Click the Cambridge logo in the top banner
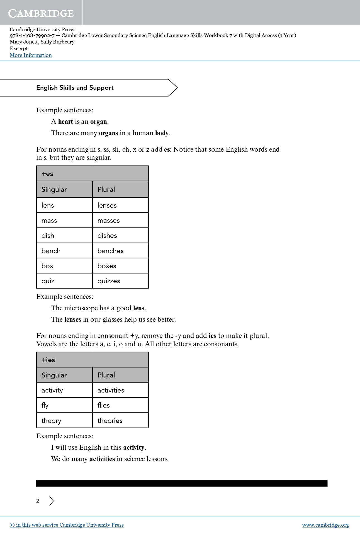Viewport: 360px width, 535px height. coord(41,13)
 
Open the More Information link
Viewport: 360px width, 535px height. coord(31,55)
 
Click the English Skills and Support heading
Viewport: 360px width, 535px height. coord(75,88)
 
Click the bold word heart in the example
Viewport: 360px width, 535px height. coord(65,122)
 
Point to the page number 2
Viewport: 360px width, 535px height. coord(38,501)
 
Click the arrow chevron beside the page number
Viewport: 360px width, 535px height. coord(52,501)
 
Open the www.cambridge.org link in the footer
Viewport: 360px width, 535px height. coord(325,525)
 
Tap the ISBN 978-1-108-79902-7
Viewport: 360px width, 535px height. coord(32,35)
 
